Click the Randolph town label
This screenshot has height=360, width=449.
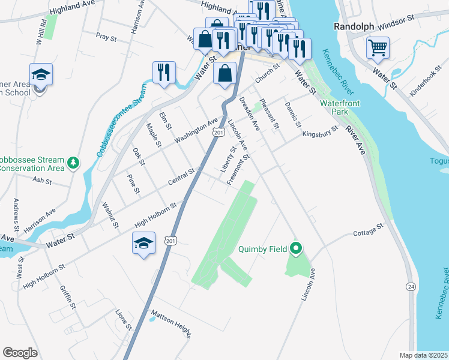click(x=354, y=26)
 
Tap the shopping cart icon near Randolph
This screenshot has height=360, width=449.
click(x=378, y=47)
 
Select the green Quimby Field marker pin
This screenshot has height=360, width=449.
click(x=295, y=248)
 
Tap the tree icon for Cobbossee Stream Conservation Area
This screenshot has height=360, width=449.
click(x=73, y=163)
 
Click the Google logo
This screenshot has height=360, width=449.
click(x=20, y=353)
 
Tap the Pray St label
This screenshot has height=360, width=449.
click(x=106, y=37)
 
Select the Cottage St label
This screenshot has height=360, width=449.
click(x=367, y=230)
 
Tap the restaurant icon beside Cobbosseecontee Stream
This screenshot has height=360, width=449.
click(x=163, y=73)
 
